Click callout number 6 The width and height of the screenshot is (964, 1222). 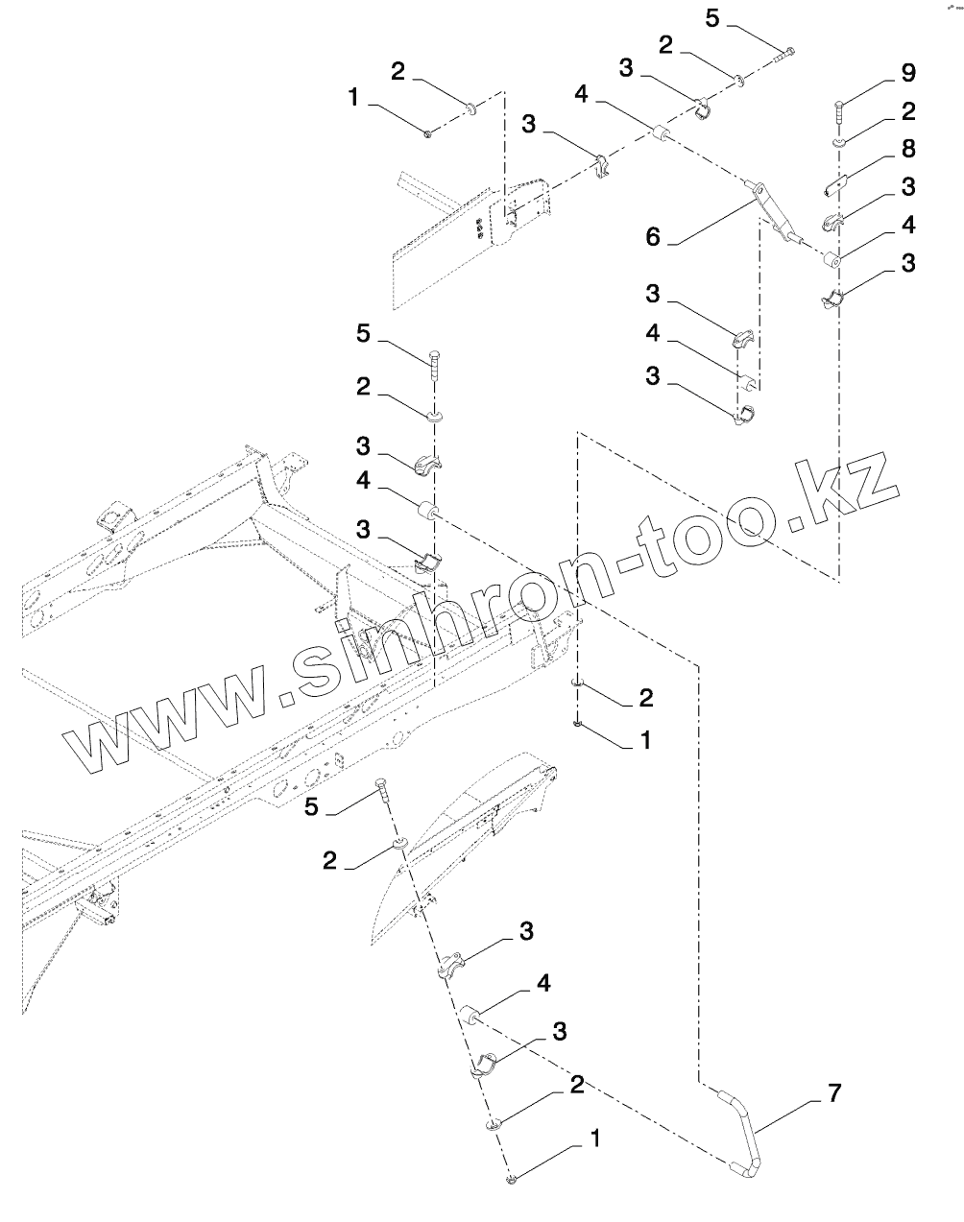(653, 236)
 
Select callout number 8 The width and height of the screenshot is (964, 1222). (906, 149)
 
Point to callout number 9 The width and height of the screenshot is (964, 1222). (907, 73)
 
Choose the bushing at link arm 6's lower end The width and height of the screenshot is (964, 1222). (833, 258)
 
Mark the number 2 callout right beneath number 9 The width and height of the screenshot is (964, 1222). (907, 111)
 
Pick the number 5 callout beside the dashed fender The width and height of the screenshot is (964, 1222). (310, 806)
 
